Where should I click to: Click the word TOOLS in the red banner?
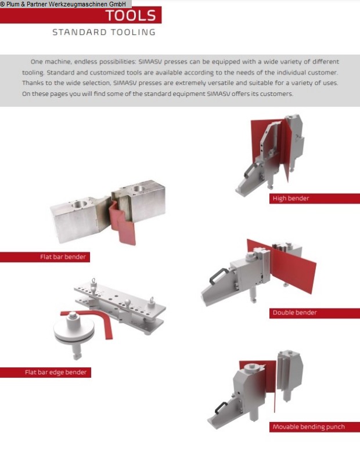[x=131, y=16]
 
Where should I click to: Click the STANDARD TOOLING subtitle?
[x=104, y=32]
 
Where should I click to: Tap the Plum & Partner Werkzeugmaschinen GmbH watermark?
[x=63, y=4]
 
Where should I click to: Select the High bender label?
[x=291, y=198]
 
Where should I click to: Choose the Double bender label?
[x=294, y=313]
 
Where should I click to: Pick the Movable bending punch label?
[x=309, y=427]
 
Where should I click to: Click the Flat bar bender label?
[x=63, y=257]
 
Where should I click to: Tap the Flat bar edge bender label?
[x=56, y=372]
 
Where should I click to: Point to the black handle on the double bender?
[x=218, y=275]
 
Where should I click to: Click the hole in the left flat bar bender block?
[x=79, y=204]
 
